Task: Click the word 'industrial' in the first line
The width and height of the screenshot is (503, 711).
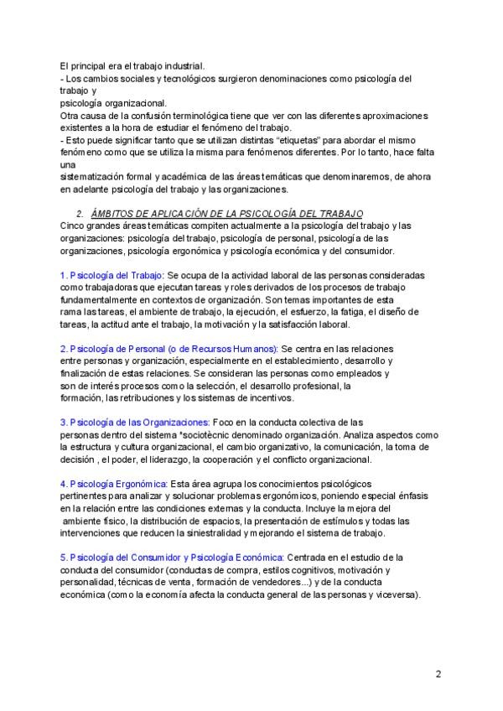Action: coord(182,66)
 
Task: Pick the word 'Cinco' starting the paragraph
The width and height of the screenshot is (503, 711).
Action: coord(73,226)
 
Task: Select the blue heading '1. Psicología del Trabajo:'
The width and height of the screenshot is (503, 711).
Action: coord(112,275)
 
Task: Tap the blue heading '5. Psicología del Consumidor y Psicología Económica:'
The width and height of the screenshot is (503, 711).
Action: coord(172,558)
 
